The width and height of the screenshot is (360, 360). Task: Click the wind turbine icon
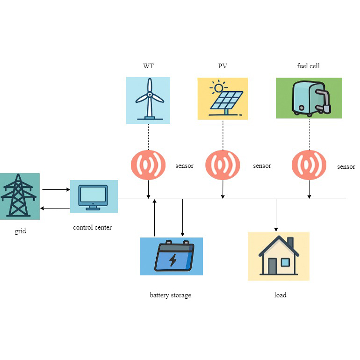pyautogui.click(x=149, y=100)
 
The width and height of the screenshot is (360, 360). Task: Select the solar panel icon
pyautogui.click(x=223, y=99)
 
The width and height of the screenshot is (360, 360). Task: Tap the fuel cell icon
pyautogui.click(x=309, y=98)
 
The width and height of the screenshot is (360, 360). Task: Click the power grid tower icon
pyautogui.click(x=19, y=196)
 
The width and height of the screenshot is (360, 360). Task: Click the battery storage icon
pyautogui.click(x=172, y=256)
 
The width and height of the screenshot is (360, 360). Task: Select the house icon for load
pyautogui.click(x=279, y=256)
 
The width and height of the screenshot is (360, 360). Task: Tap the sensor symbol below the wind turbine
pyautogui.click(x=148, y=165)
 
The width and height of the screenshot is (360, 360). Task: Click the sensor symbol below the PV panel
pyautogui.click(x=223, y=165)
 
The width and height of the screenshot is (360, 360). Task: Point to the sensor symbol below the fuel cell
pyautogui.click(x=309, y=165)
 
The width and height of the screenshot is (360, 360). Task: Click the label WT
pyautogui.click(x=148, y=66)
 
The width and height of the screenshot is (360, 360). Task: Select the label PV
pyautogui.click(x=223, y=66)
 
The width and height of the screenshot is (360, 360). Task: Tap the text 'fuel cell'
pyautogui.click(x=309, y=66)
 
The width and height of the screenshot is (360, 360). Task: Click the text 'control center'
pyautogui.click(x=93, y=228)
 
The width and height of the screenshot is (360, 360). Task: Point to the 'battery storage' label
pyautogui.click(x=170, y=295)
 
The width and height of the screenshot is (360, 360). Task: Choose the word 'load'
pyautogui.click(x=280, y=295)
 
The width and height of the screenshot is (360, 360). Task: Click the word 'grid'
pyautogui.click(x=20, y=230)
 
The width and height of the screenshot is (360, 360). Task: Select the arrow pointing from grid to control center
pyautogui.click(x=56, y=190)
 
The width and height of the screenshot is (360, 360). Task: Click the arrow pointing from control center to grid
pyautogui.click(x=56, y=208)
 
